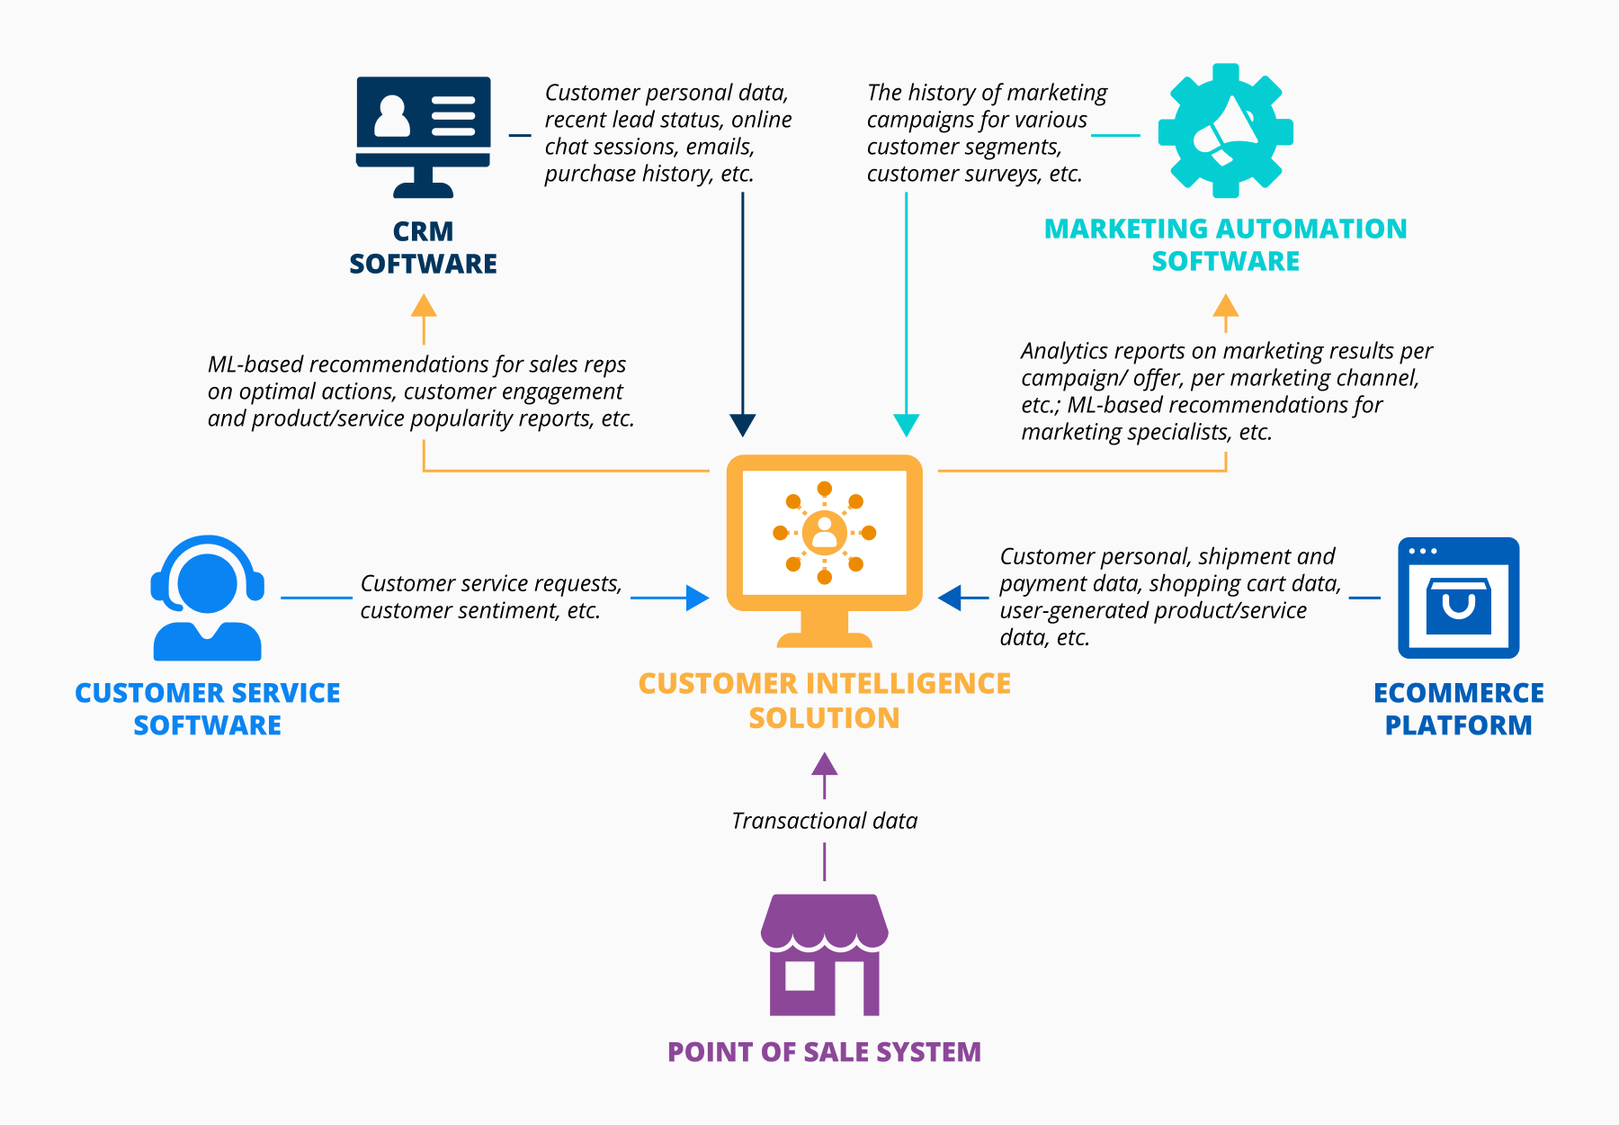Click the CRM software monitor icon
click(x=423, y=135)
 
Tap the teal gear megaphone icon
click(x=1225, y=131)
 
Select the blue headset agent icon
click(x=207, y=598)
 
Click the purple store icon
click(x=824, y=954)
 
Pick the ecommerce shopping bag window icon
click(x=1458, y=598)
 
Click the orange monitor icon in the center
click(x=824, y=544)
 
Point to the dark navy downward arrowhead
click(x=742, y=425)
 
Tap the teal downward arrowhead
click(x=906, y=425)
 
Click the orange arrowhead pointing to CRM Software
click(x=424, y=306)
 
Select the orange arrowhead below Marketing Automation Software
click(x=1225, y=306)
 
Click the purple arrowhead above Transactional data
click(x=824, y=764)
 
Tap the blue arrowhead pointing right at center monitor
click(x=697, y=598)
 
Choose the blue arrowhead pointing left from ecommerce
click(x=950, y=598)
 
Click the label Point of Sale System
click(x=824, y=1052)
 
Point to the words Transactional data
click(x=824, y=821)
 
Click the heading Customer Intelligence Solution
click(x=824, y=700)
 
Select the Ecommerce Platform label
click(x=1458, y=708)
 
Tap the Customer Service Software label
click(x=207, y=708)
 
